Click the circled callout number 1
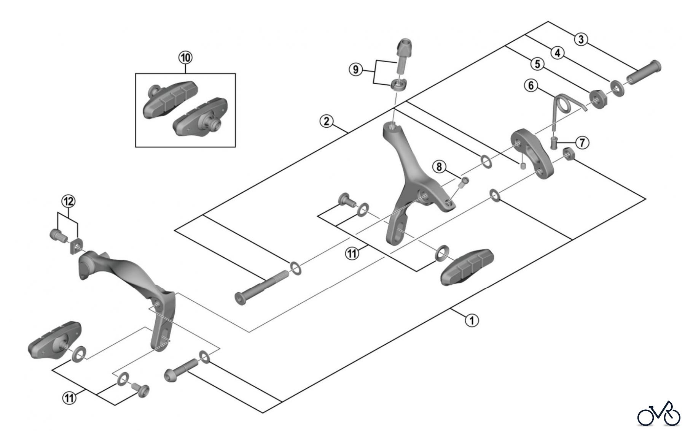click(472, 320)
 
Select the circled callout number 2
click(327, 122)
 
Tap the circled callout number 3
click(581, 40)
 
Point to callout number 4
click(558, 53)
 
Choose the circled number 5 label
click(537, 64)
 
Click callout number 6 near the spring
click(531, 85)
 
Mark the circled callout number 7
click(582, 143)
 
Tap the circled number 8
click(439, 166)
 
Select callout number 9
click(356, 70)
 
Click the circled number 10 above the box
click(186, 58)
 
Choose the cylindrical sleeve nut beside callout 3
click(644, 72)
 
